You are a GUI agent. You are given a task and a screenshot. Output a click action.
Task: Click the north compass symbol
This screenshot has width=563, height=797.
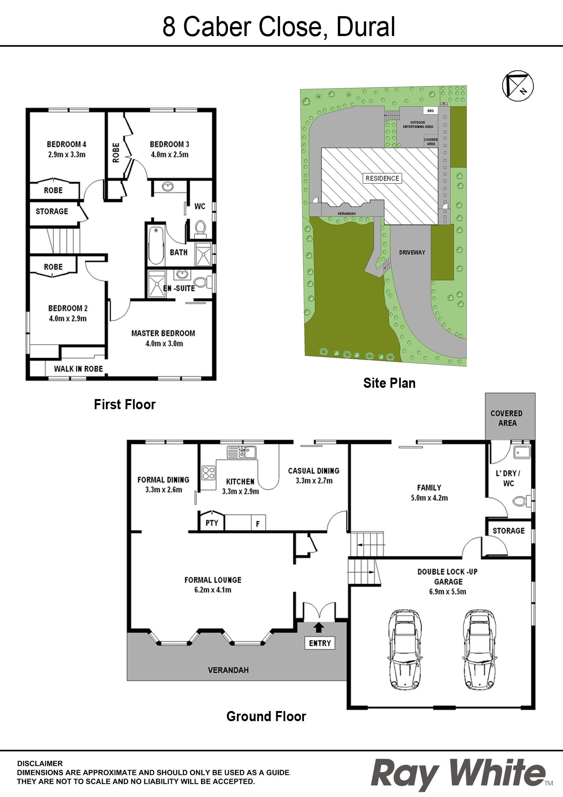tap(518, 86)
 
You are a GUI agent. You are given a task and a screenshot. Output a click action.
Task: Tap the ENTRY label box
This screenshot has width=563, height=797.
tap(319, 643)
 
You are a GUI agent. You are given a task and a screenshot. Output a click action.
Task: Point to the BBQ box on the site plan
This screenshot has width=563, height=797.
tap(431, 111)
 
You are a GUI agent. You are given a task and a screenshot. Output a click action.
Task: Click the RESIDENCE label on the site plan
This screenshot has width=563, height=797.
tap(382, 178)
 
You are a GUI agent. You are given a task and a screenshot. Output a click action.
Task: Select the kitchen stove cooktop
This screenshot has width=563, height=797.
tap(209, 473)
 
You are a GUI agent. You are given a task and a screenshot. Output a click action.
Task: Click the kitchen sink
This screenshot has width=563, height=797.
tap(242, 452)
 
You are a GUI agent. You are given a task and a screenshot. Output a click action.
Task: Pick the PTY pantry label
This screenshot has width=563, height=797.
tap(212, 523)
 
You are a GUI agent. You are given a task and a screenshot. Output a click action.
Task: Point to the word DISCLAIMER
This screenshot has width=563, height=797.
tap(40, 764)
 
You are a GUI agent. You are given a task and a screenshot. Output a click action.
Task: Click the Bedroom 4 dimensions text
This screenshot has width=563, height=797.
tap(67, 154)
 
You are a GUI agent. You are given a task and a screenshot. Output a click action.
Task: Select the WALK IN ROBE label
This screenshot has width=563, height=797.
tap(78, 369)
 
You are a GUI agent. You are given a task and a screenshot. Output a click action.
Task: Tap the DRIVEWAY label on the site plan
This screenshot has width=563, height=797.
tap(412, 252)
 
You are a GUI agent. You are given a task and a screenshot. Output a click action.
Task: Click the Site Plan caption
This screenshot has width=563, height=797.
tap(389, 383)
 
